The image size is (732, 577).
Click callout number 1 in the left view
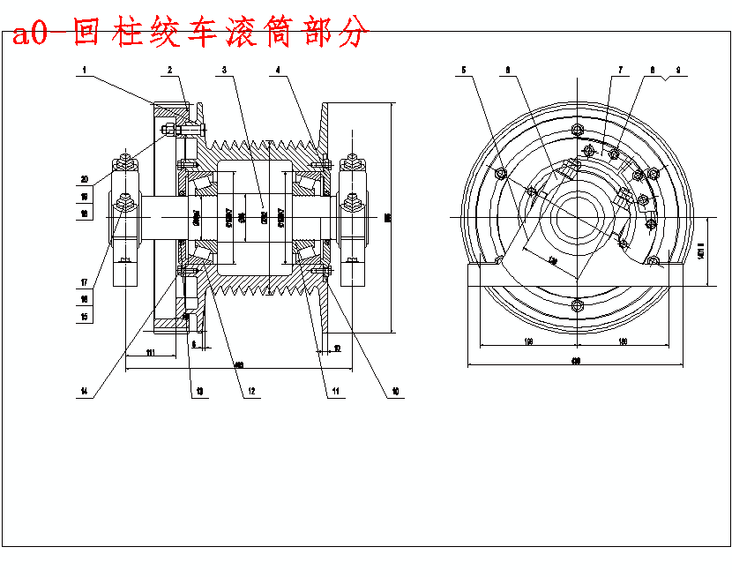point(85,69)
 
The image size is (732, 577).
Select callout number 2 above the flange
point(170,69)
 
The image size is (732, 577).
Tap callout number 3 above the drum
point(226,69)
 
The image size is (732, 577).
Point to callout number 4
point(278,69)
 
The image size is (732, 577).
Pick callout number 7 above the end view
point(620,69)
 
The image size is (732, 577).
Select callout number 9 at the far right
point(678,69)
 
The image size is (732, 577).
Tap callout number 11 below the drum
point(335,391)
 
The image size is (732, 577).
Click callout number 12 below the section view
point(251,391)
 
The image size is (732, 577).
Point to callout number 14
point(84,391)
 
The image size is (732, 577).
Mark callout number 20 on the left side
point(85,178)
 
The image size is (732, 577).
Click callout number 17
point(85,283)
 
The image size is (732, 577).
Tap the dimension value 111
point(150,353)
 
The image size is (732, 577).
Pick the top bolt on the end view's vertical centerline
point(576,131)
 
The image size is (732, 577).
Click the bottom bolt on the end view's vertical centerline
point(576,305)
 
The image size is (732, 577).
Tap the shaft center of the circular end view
point(576,217)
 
